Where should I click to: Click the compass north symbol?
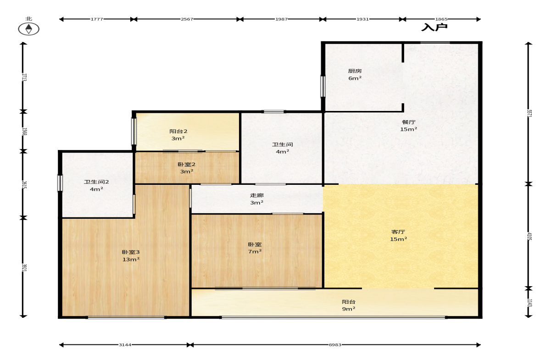pyautogui.click(x=28, y=29)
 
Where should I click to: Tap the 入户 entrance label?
pyautogui.click(x=434, y=27)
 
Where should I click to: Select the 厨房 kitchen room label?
pyautogui.click(x=355, y=71)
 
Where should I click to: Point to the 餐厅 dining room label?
pyautogui.click(x=408, y=122)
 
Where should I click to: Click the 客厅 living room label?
pyautogui.click(x=398, y=232)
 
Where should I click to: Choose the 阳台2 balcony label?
pyautogui.click(x=178, y=131)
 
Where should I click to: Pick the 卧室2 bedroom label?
pyautogui.click(x=186, y=164)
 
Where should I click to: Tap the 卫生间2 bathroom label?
pyautogui.click(x=96, y=182)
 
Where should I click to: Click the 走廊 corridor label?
pyautogui.click(x=256, y=195)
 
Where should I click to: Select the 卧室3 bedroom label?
pyautogui.click(x=130, y=252)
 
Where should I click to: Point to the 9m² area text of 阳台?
pyautogui.click(x=349, y=309)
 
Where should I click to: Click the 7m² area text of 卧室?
pyautogui.click(x=255, y=251)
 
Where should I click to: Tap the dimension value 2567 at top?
pyautogui.click(x=187, y=19)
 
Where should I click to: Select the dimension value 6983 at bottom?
pyautogui.click(x=335, y=344)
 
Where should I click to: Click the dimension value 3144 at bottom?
pyautogui.click(x=125, y=344)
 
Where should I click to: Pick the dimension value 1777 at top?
pyautogui.click(x=97, y=19)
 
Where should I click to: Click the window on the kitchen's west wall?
pyautogui.click(x=323, y=86)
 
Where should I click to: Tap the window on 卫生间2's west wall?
pyautogui.click(x=60, y=183)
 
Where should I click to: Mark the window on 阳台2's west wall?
pyautogui.click(x=134, y=131)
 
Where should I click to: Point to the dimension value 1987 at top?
pyautogui.click(x=281, y=19)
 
